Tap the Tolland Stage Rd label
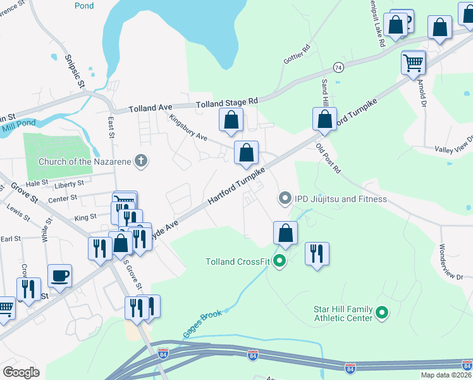tap(227, 101)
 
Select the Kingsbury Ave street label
tap(188, 127)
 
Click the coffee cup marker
tap(59, 276)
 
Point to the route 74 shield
tap(339, 67)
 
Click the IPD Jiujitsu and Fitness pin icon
tap(285, 199)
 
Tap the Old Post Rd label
tap(328, 159)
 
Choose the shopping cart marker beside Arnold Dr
tap(413, 63)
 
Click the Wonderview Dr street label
tap(451, 262)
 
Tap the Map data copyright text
tap(446, 375)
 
